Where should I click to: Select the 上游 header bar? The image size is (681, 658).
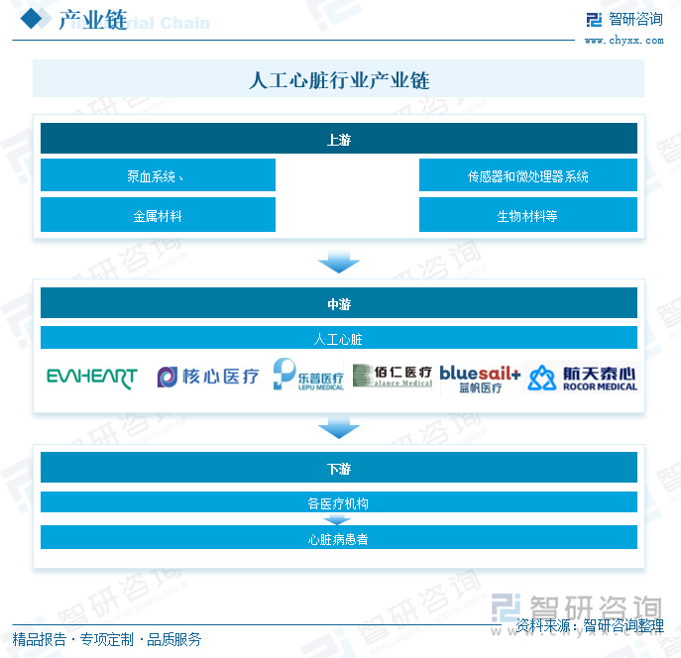click(338, 140)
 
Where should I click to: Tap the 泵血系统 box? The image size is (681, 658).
click(158, 176)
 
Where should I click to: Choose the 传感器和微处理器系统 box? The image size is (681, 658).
click(527, 176)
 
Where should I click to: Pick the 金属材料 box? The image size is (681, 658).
click(158, 215)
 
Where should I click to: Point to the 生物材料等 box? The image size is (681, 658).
click(527, 215)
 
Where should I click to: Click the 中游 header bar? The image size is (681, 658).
click(338, 304)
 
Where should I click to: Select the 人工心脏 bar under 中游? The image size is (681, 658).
click(338, 339)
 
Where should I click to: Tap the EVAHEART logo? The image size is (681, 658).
click(92, 378)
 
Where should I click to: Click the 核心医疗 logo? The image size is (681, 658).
click(208, 377)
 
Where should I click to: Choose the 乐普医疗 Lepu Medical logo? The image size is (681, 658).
click(308, 376)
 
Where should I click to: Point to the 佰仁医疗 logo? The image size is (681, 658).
click(393, 376)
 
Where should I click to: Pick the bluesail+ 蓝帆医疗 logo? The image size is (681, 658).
click(480, 378)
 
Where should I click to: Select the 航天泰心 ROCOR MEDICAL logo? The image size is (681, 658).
click(583, 378)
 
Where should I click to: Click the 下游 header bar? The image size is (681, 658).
click(338, 468)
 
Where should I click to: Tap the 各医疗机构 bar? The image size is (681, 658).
click(338, 503)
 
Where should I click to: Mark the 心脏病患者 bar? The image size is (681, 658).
click(338, 539)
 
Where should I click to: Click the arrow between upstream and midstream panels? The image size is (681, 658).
click(338, 262)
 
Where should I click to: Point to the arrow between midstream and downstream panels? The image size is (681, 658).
click(338, 427)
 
